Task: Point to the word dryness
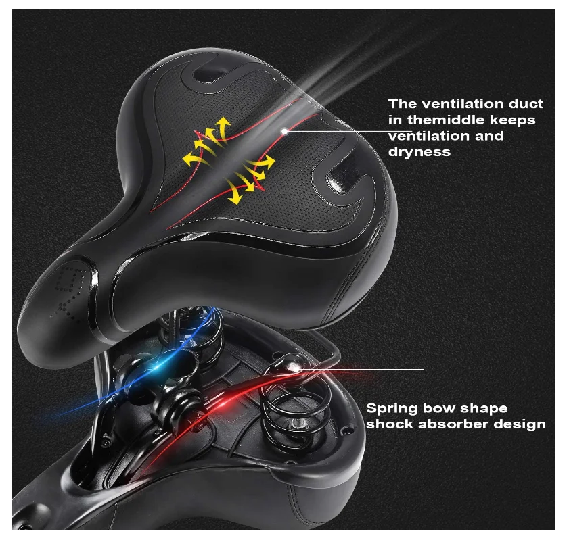click(419, 152)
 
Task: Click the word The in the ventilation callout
click(402, 104)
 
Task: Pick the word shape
click(484, 409)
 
